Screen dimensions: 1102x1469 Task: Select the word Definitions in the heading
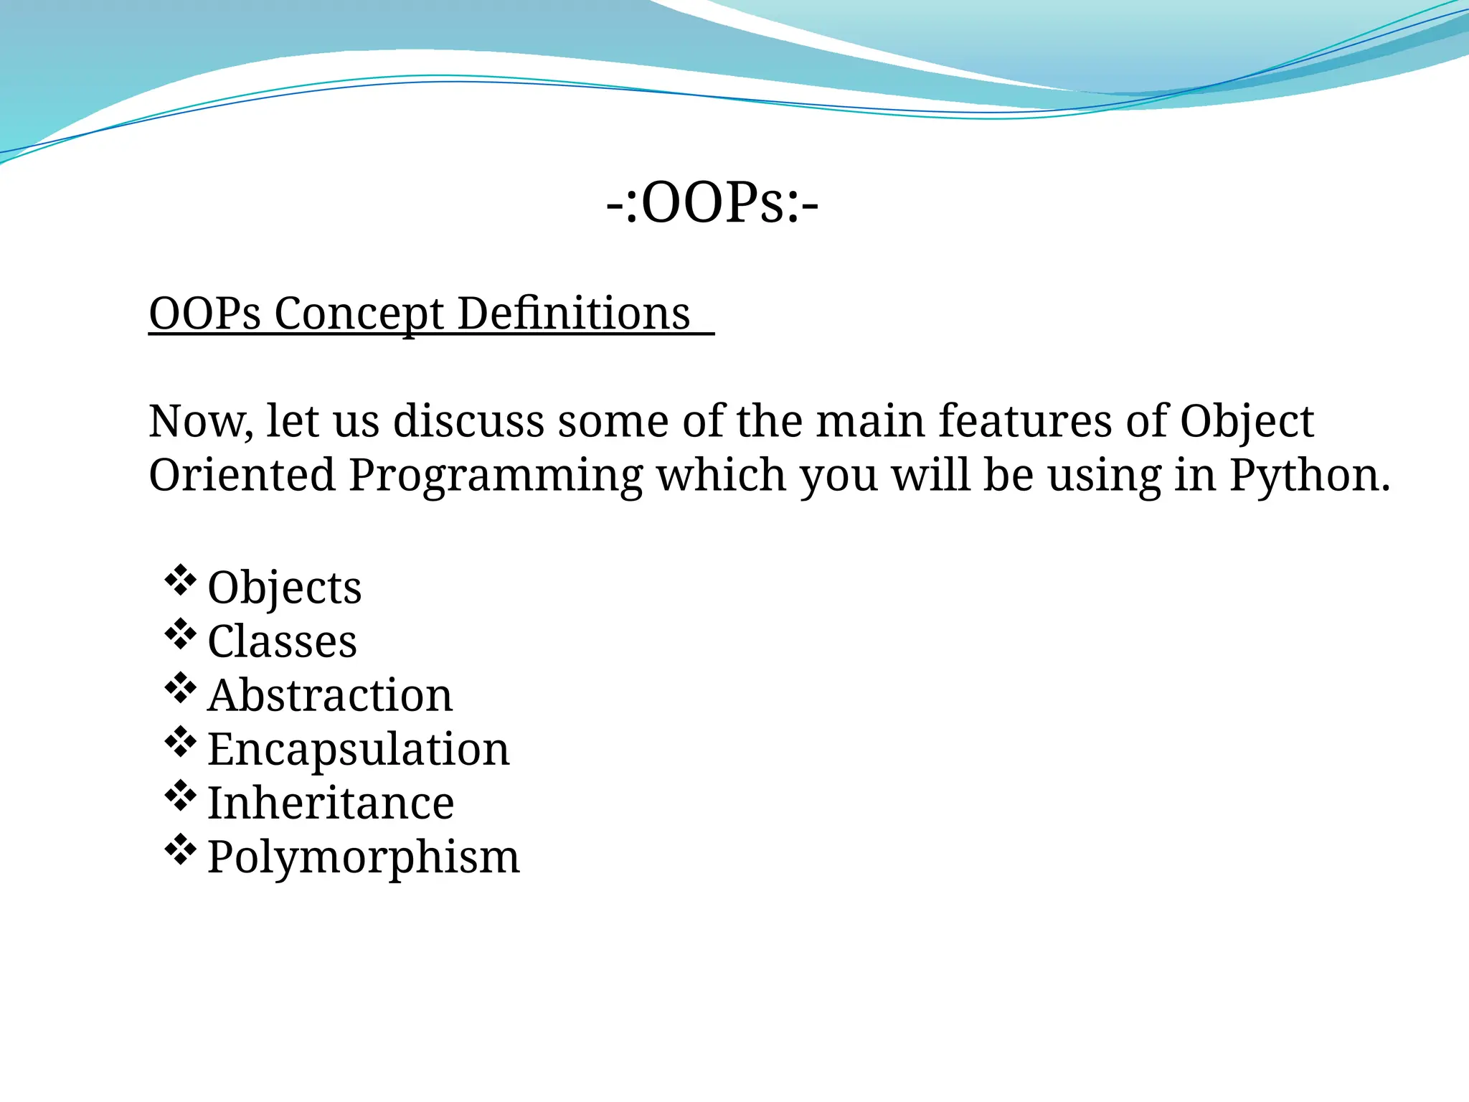[574, 314]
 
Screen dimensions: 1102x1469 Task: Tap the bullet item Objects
[284, 588]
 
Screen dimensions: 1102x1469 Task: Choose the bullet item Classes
[282, 641]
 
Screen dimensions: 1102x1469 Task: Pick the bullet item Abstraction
[330, 695]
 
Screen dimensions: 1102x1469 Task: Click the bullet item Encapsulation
[358, 750]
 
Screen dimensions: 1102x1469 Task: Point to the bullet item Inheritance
[330, 803]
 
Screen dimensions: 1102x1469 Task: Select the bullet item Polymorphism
[363, 857]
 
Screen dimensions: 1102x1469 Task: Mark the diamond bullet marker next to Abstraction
[180, 688]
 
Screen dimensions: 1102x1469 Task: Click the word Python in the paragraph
[1310, 476]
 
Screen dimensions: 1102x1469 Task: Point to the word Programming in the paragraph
[496, 476]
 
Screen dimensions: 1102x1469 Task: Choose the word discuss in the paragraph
[468, 421]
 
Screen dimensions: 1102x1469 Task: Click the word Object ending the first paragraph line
[1247, 421]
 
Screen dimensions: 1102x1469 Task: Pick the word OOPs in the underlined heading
[204, 314]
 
